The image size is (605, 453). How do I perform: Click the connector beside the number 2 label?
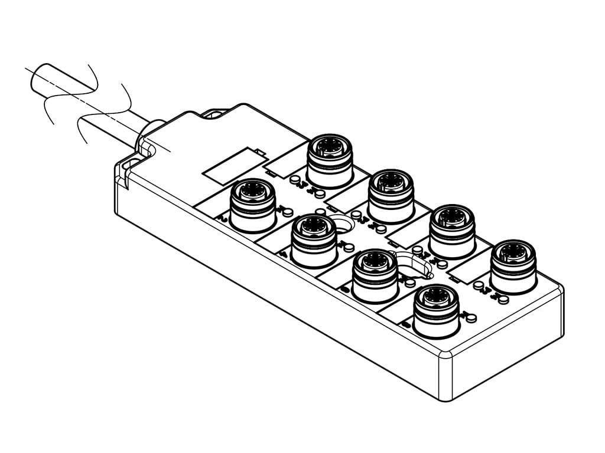[x=253, y=204]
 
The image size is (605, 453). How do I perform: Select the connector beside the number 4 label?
[x=314, y=239]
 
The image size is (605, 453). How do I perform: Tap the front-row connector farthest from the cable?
[x=437, y=310]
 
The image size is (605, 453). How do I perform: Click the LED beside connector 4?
[x=320, y=212]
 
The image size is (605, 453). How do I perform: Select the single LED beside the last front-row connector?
[x=471, y=319]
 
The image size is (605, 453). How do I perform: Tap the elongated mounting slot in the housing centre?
[x=414, y=264]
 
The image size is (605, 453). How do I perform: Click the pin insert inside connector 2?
[x=253, y=190]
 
